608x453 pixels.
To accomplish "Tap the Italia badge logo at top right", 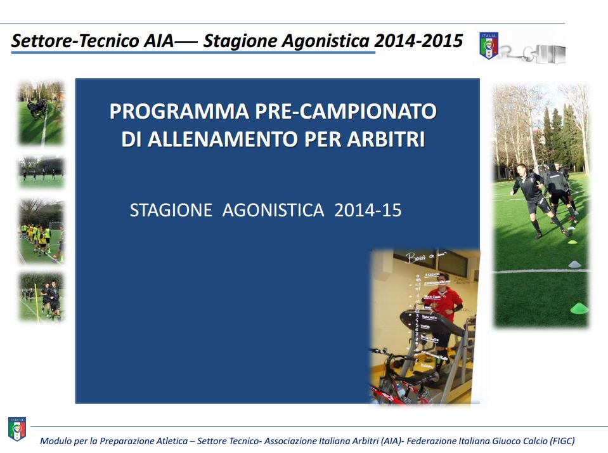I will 489,46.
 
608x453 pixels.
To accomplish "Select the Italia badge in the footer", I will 16,429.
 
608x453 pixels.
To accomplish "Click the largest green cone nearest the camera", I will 578,308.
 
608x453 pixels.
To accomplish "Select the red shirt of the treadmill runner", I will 446,303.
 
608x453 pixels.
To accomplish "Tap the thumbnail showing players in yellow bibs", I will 41,232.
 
